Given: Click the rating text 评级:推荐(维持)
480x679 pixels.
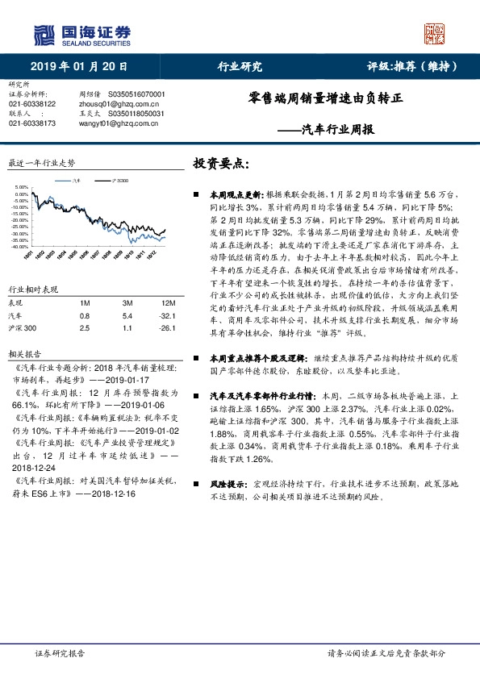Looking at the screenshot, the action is tap(407, 67).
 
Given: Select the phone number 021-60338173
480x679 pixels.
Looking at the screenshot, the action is tap(32, 123).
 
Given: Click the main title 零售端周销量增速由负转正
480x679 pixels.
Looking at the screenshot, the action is tap(325, 104).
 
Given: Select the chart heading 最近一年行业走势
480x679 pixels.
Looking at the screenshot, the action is tap(40, 163).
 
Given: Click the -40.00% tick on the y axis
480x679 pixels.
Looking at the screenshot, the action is tap(20, 247).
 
